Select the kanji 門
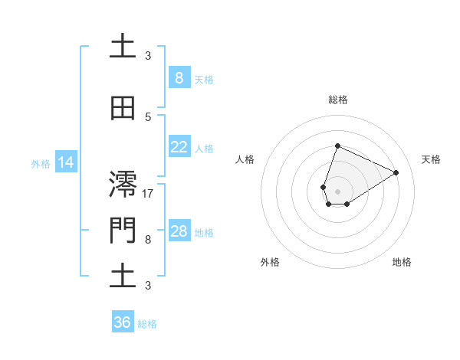coord(123,231)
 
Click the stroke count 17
coord(148,194)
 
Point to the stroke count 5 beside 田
coord(148,117)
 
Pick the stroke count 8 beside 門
coord(148,240)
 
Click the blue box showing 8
coord(179,78)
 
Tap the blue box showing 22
coord(179,147)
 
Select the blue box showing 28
coord(179,231)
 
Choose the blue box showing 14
coord(66,162)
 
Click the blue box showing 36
coord(123,322)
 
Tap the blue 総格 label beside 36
coord(147,324)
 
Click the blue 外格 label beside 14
coord(41,163)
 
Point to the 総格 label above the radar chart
coord(338,100)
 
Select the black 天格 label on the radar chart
coord(432,159)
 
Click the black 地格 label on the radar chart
coord(402,262)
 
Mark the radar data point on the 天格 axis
coord(396,172)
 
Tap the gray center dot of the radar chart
coord(337,191)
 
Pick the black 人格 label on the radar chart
coord(245,159)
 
